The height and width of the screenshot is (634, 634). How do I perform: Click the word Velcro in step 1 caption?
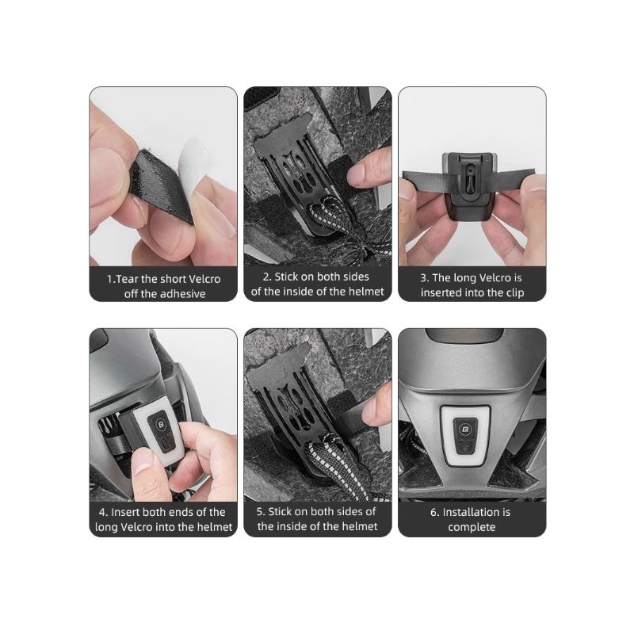point(205,279)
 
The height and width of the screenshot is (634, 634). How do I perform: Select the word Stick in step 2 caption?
point(286,277)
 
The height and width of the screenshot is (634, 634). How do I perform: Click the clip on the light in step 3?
point(469,174)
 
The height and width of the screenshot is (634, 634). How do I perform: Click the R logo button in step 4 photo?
point(160,424)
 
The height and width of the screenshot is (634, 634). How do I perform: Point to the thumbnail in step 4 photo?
point(143,461)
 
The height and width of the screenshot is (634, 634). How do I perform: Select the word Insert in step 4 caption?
point(125,512)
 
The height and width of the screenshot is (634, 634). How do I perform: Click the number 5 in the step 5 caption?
point(259,511)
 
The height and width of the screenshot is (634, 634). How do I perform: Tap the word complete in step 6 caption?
point(472,527)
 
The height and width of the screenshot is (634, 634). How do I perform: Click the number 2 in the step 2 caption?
point(266,277)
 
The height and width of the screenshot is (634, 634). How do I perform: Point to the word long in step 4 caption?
point(106,527)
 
